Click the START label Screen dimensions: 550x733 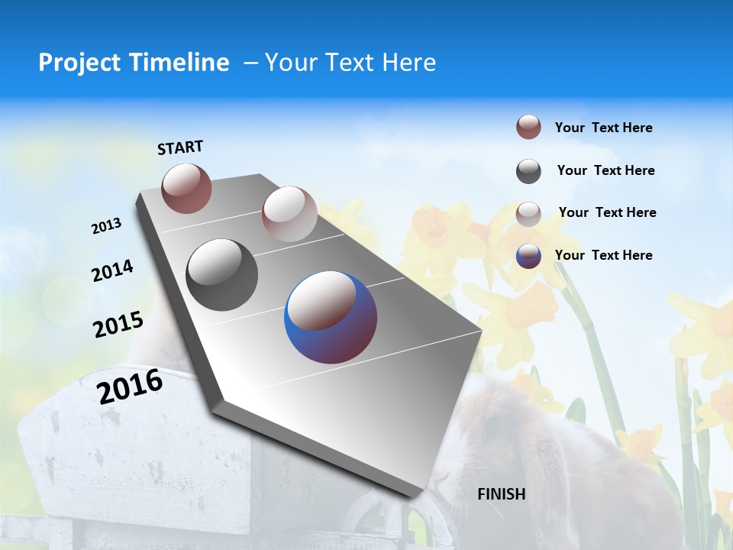180,147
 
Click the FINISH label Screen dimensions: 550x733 502,494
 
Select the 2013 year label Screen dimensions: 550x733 106,226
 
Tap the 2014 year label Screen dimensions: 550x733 112,271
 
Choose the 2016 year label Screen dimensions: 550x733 130,387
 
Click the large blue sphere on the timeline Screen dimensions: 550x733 331,317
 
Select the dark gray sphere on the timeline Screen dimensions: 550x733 222,275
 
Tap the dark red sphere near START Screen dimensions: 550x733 187,188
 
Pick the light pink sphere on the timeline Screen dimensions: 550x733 289,214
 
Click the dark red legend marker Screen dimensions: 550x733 528,128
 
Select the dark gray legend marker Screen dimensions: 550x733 528,171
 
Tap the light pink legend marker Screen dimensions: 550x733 528,213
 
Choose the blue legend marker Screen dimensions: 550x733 528,256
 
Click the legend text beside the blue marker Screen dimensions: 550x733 603,255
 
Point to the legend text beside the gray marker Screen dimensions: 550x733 605,170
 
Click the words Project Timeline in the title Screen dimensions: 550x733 134,63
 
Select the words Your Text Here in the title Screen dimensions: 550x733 350,63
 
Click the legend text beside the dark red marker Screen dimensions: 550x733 603,128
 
